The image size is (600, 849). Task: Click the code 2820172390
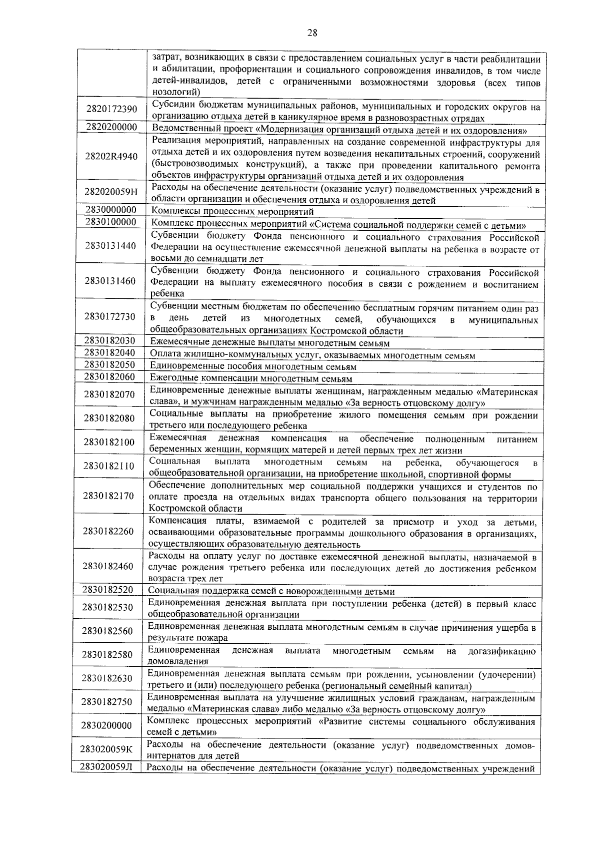pos(111,109)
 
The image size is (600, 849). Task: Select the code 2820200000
pos(111,127)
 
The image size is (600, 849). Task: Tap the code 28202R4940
pos(111,157)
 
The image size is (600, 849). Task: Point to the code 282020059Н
pos(111,192)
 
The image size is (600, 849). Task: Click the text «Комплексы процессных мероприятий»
pos(232,212)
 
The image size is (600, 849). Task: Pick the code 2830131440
pos(110,246)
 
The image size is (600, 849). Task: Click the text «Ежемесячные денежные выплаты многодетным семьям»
pos(269,343)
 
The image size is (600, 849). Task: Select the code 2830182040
pos(109,353)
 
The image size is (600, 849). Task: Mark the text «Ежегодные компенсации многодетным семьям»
pos(251,379)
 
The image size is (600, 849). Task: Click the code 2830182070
pos(109,394)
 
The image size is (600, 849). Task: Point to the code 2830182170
pos(109,496)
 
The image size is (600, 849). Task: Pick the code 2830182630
pos(107,678)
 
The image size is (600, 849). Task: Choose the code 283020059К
pos(106,749)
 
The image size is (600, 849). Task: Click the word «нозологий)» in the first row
pos(176,92)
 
